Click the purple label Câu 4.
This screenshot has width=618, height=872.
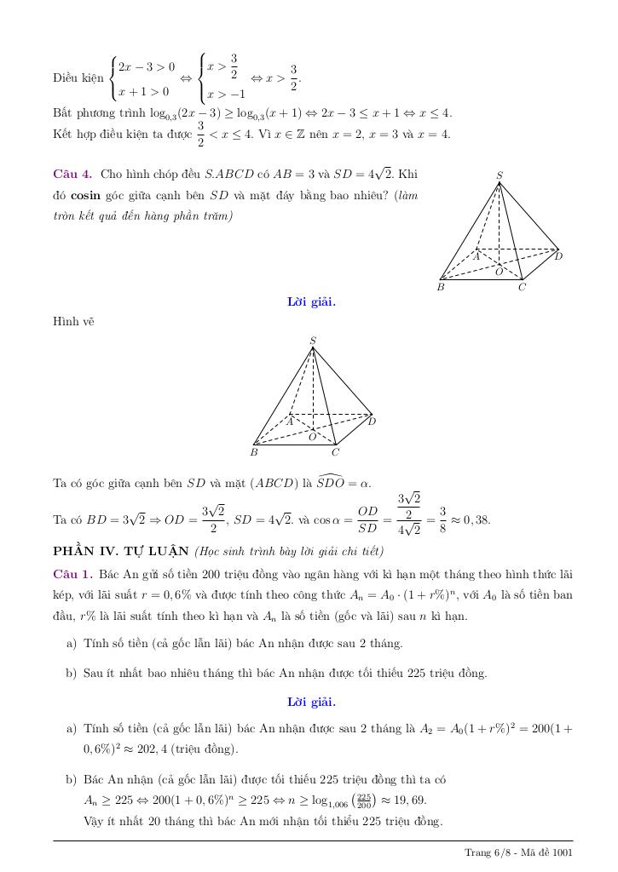[72, 175]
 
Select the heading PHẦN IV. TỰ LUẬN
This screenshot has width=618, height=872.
[120, 550]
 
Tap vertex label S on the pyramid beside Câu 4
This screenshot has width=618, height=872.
[500, 175]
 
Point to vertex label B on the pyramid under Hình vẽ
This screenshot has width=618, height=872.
[254, 452]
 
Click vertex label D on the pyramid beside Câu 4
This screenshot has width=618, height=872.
[558, 255]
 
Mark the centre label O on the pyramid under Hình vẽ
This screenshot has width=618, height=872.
[312, 437]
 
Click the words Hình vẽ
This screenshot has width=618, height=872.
[73, 321]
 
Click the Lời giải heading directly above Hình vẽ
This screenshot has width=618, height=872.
[311, 301]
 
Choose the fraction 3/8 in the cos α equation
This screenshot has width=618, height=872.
[442, 519]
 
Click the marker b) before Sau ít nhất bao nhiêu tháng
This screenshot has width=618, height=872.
[72, 673]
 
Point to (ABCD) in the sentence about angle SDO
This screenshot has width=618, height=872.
[274, 484]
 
